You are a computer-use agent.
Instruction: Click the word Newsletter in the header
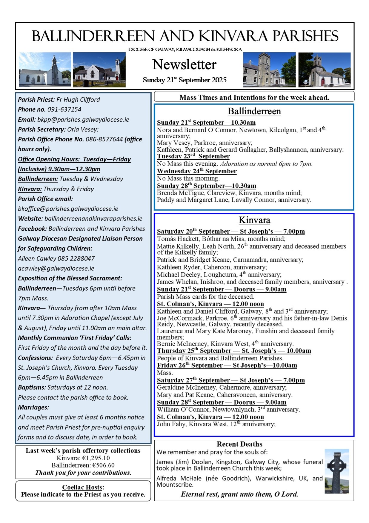click(x=184, y=65)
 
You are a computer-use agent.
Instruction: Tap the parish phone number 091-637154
click(x=68, y=109)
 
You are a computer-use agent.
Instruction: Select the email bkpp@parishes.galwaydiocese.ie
click(x=83, y=119)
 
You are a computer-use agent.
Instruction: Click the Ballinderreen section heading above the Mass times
click(x=254, y=111)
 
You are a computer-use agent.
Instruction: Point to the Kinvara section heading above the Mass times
click(x=254, y=220)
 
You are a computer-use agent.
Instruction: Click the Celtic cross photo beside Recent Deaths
click(x=337, y=471)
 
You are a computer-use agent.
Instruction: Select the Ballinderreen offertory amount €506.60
click(x=103, y=465)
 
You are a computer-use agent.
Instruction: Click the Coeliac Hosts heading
click(x=82, y=487)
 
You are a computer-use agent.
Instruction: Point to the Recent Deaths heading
click(x=239, y=444)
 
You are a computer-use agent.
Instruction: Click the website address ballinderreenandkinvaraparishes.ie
click(x=93, y=218)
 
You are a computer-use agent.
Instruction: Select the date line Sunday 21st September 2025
click(x=184, y=80)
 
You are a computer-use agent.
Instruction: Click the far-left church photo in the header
click(x=45, y=70)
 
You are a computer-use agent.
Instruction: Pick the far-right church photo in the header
click(x=325, y=70)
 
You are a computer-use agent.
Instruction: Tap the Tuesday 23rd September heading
click(x=193, y=156)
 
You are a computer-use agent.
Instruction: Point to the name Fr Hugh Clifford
click(x=78, y=100)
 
